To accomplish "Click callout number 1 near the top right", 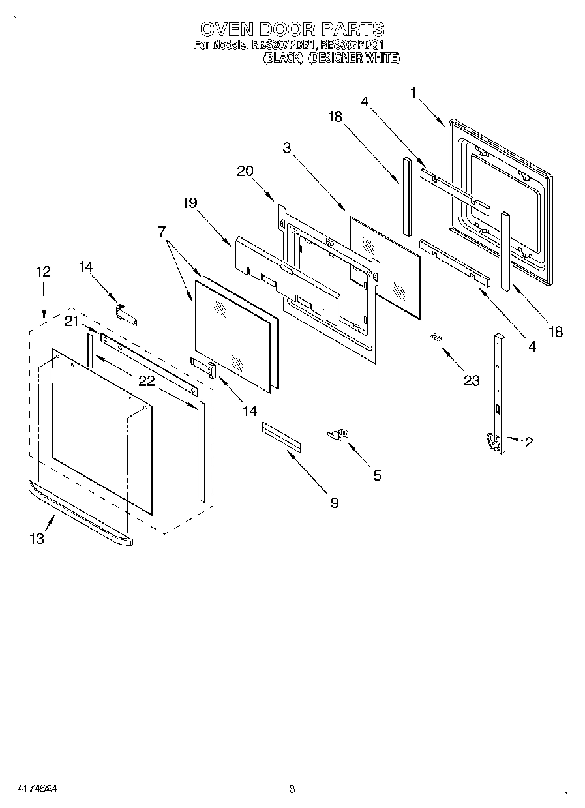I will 413,93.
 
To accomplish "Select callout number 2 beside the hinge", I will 528,443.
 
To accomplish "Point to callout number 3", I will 287,148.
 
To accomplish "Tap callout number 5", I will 377,475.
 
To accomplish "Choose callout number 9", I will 334,502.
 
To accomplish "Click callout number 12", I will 43,271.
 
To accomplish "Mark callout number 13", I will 37,539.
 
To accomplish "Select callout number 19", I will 189,203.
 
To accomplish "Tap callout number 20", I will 245,171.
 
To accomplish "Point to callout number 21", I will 71,320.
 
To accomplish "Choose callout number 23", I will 471,381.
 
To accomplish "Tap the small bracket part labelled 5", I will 338,434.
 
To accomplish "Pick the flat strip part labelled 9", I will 282,436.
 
